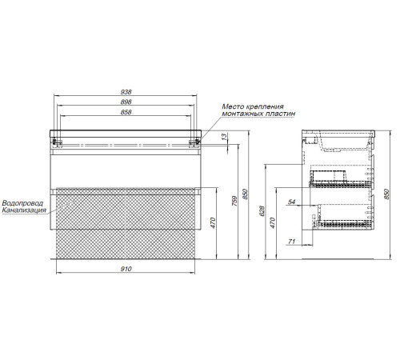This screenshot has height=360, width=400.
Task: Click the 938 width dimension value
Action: pos(126,92)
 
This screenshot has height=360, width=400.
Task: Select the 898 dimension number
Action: pos(126,102)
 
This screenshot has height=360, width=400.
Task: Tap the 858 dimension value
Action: pos(126,112)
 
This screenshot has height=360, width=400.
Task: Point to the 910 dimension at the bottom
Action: pos(126,269)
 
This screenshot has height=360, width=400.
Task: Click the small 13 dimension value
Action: pos(225,137)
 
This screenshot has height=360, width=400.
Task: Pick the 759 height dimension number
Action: pos(234,201)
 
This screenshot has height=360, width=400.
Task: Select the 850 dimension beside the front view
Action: pos(246,194)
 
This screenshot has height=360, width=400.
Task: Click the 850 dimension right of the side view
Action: pos(386,194)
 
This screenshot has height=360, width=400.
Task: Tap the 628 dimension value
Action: pos(262,210)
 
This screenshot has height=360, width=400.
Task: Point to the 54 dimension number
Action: pos(292,202)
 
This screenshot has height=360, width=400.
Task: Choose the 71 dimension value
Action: pos(292,242)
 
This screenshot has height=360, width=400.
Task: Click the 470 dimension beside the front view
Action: pos(213,223)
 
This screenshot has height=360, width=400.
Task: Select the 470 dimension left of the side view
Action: pos(272,223)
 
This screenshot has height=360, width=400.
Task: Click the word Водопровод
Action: pos(22,203)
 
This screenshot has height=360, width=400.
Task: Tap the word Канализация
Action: pos(24,210)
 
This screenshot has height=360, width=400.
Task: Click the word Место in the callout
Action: pos(233,106)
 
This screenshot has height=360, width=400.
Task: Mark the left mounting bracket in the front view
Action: pos(57,142)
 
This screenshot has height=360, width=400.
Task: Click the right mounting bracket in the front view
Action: pos(194,142)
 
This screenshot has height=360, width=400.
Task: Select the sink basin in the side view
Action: pos(344,142)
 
